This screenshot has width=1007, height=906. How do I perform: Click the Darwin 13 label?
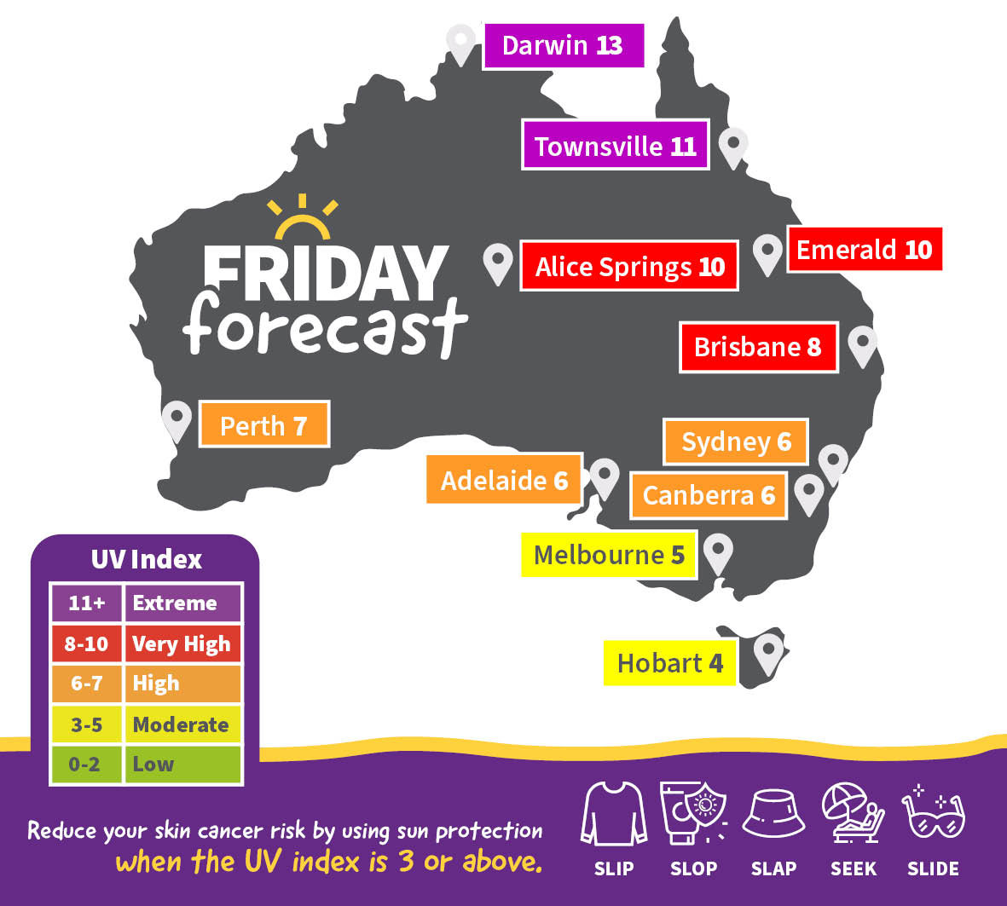[x=563, y=45]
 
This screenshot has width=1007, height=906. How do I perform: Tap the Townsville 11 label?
[x=615, y=146]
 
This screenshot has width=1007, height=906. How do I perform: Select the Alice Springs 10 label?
[x=629, y=267]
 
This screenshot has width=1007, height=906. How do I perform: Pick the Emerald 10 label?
[x=864, y=250]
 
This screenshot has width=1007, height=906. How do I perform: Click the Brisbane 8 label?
[x=758, y=347]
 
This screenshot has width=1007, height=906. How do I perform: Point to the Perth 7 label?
[x=263, y=424]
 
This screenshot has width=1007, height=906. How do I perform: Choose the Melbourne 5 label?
[x=609, y=555]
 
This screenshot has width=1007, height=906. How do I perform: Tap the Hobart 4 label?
[x=669, y=663]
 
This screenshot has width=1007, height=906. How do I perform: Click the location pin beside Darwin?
[x=461, y=42]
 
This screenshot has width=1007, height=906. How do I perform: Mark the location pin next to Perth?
[x=177, y=419]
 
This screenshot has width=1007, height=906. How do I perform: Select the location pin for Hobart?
[x=768, y=653]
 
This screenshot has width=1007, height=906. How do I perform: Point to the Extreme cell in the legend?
[x=182, y=603]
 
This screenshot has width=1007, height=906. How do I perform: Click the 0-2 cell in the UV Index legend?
[x=85, y=765]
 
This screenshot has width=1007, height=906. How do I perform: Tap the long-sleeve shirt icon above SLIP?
[x=612, y=814]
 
